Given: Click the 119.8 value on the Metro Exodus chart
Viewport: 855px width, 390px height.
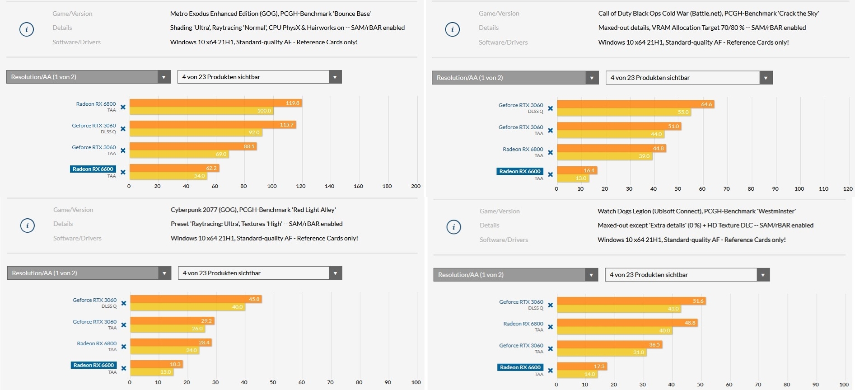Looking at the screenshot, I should tap(292, 103).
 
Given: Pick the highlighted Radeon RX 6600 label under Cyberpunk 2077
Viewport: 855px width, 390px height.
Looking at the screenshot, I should tap(93, 365).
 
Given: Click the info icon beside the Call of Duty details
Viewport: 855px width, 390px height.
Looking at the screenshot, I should tap(452, 29).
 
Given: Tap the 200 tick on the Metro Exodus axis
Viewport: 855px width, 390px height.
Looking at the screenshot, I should tap(416, 186).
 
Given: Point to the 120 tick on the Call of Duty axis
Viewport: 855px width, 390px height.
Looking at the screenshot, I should tap(848, 189).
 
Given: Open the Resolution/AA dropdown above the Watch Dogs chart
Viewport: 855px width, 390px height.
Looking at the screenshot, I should tap(515, 275).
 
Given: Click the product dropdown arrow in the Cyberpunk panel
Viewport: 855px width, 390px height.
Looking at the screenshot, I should tap(335, 273).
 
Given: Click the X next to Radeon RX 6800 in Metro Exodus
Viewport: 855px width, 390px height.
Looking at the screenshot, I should tap(123, 107).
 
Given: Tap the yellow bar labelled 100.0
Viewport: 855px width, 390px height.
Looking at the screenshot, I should tap(201, 111).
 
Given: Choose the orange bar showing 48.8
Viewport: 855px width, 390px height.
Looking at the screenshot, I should tap(627, 323).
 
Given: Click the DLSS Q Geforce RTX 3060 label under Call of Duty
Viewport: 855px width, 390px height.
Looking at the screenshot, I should tap(521, 108).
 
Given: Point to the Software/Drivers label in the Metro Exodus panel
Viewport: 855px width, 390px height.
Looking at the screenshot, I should tap(76, 42).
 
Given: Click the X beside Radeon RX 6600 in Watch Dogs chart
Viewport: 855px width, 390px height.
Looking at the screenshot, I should tap(550, 371).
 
